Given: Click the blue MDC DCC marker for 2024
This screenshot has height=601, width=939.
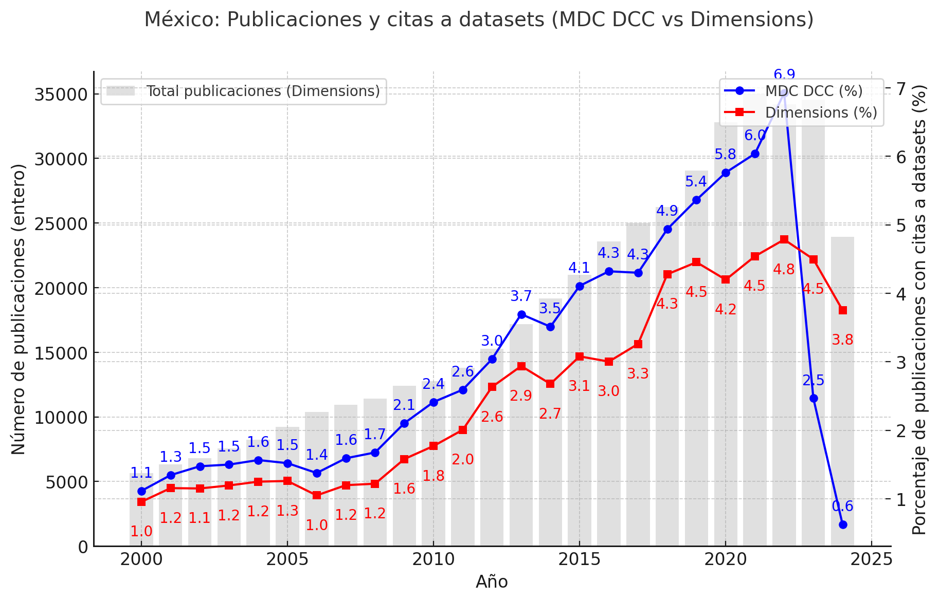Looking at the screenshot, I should click(x=842, y=524).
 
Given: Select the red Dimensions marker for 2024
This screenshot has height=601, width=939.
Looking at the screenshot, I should click(x=842, y=310).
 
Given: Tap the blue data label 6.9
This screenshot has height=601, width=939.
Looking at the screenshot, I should click(x=784, y=75).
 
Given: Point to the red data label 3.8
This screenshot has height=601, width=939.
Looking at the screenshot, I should click(x=842, y=340).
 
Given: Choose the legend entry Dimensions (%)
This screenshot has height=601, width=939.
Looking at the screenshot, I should click(x=821, y=112).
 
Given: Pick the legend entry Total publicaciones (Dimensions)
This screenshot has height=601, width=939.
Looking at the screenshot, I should click(x=263, y=91).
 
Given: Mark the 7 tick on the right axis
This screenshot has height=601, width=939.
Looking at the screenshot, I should click(x=901, y=88).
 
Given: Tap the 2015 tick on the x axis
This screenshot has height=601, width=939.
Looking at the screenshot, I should click(x=579, y=560).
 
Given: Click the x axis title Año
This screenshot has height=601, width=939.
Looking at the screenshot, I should click(x=492, y=582).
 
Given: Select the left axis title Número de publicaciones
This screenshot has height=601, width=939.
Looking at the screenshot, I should click(x=19, y=309).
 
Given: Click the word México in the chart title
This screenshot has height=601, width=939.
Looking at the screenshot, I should click(x=182, y=20).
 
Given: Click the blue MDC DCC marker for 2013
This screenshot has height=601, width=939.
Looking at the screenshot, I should click(x=521, y=314).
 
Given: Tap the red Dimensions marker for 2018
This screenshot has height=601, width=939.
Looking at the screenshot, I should click(x=667, y=274).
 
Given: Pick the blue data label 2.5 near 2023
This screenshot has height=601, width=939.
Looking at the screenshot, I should click(x=813, y=381).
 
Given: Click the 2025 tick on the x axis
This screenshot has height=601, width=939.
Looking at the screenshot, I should click(x=871, y=560).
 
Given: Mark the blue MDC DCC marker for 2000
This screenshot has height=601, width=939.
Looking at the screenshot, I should click(x=141, y=491).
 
